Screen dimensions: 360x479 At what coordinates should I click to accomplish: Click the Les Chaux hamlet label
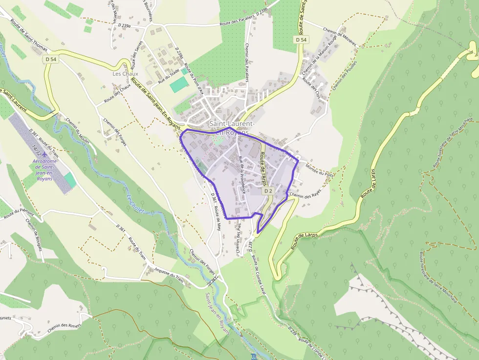click(126, 74)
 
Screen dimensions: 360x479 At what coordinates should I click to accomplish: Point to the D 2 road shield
click(268, 191)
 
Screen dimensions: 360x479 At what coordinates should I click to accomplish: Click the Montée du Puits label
click(320, 169)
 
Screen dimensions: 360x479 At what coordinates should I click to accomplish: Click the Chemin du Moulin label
click(75, 131)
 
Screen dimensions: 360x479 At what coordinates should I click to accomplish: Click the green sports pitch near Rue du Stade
click(179, 84)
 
